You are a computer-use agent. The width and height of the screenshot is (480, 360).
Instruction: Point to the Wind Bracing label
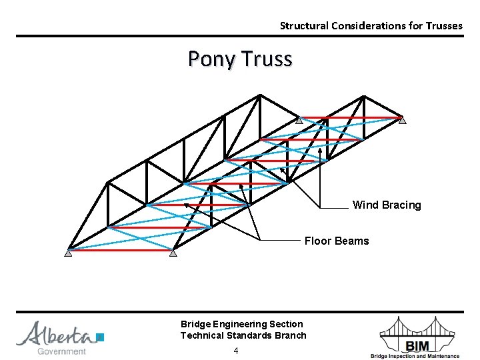click(387, 205)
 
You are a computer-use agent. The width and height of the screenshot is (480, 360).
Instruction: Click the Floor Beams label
click(336, 241)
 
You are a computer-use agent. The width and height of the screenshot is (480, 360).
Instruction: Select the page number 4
click(236, 351)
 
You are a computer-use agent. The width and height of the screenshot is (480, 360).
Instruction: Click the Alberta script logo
click(57, 334)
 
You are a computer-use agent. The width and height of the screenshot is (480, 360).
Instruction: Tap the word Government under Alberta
click(61, 351)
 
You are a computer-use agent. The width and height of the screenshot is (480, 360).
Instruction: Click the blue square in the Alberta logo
click(100, 337)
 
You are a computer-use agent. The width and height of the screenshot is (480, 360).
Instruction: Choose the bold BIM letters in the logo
click(417, 344)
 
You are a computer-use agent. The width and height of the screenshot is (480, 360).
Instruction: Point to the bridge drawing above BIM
click(418, 327)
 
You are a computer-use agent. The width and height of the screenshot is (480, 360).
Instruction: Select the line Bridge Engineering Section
click(241, 324)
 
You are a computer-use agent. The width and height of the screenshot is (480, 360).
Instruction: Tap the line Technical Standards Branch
click(243, 335)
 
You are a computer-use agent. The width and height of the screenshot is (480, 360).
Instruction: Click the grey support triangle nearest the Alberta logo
click(68, 253)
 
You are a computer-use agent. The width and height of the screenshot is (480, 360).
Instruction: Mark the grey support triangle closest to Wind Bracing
click(402, 121)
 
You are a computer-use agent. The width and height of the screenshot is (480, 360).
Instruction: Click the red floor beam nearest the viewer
click(120, 250)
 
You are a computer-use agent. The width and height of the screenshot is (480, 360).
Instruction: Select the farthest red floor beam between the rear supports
click(351, 118)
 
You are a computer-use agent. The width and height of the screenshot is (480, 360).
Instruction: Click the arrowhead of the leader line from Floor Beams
click(185, 204)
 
